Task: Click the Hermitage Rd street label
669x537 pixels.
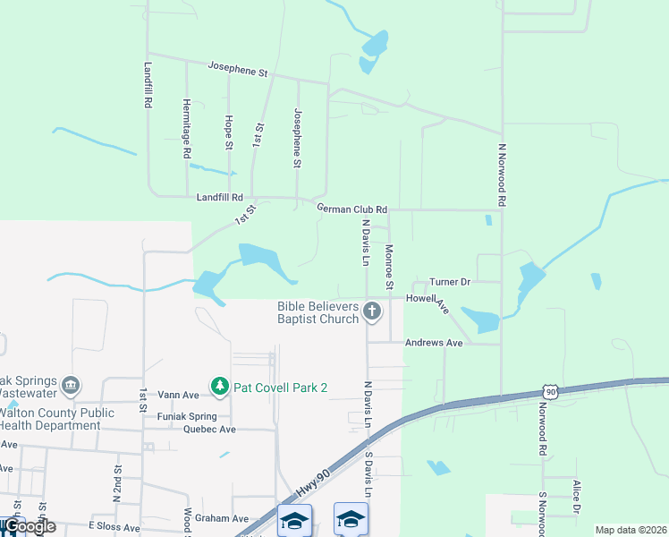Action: coord(187,128)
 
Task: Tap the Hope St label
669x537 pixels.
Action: coord(229,132)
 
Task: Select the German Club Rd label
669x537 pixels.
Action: coord(351,209)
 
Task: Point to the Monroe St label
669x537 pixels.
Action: coord(389,267)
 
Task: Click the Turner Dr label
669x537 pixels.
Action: coord(450,281)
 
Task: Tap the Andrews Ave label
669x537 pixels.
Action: coord(434,343)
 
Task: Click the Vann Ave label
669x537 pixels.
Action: coord(178,394)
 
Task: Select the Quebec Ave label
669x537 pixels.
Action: coord(208,429)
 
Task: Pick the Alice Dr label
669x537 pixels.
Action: coord(576,498)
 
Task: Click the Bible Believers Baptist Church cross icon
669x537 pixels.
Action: coord(372,312)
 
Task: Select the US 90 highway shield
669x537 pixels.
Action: coord(550,392)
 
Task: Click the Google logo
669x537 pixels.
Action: coord(29,526)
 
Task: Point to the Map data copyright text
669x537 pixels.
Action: coord(631,530)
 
